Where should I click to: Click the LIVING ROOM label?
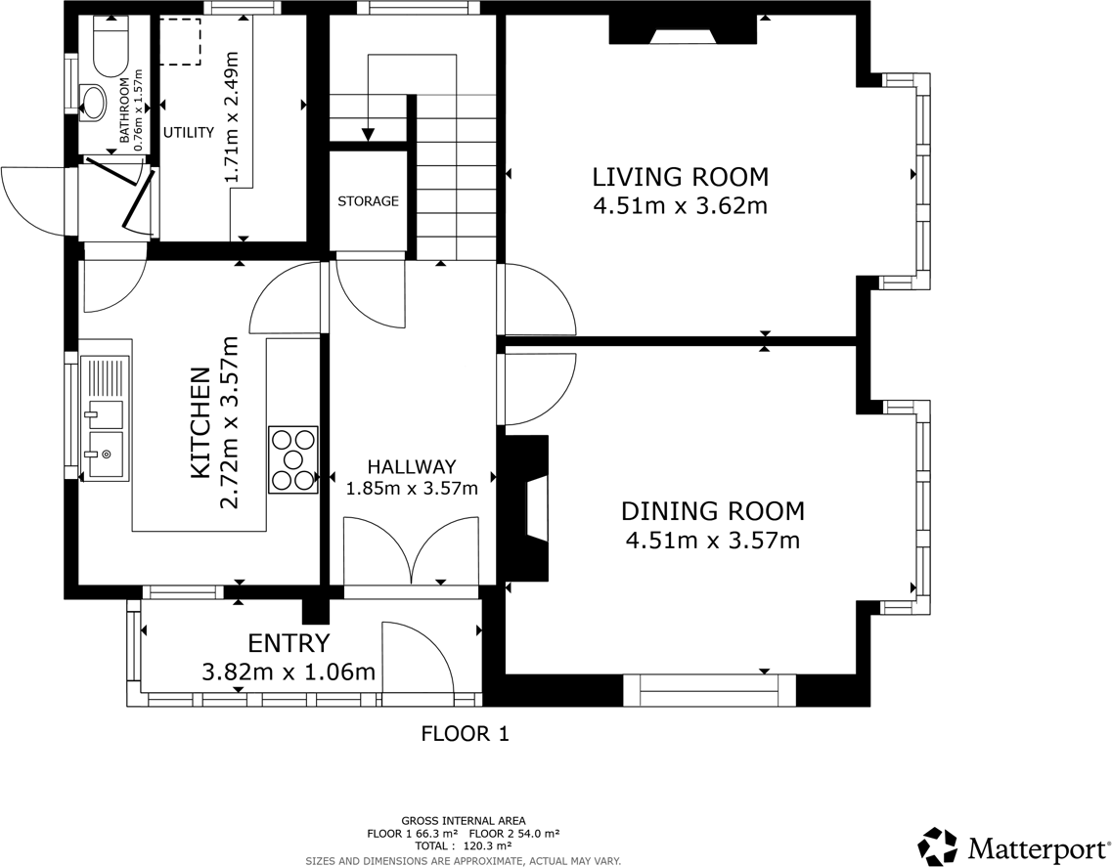680,176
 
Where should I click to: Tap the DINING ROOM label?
713,510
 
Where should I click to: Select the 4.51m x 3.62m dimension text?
680,206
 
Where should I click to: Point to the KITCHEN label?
200,422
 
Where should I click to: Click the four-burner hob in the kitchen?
292,459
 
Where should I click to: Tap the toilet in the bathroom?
110,45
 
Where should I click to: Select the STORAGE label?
368,201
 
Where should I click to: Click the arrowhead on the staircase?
368,134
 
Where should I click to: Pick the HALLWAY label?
412,466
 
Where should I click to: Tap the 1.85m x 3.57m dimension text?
412,489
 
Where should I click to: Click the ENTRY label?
289,643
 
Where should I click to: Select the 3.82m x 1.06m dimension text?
289,672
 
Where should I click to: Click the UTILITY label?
189,133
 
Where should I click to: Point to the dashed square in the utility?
180,42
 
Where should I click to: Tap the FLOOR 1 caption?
466,734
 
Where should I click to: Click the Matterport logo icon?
940,847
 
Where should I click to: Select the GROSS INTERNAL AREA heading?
464,822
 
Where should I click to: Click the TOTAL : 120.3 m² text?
464,845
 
